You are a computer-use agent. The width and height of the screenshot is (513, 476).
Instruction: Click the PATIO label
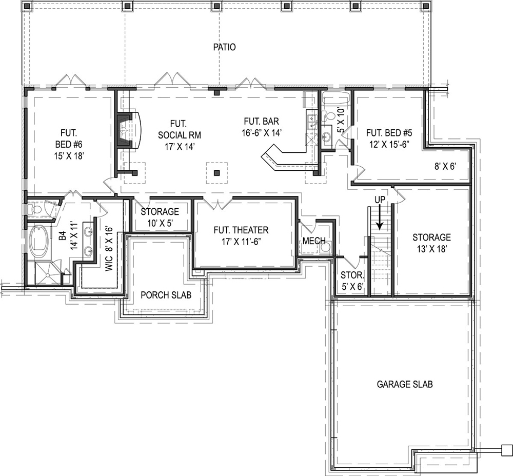click(224, 47)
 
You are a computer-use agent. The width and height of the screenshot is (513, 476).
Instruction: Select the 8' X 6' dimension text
click(444, 165)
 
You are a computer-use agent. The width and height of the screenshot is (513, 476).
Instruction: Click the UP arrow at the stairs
click(379, 216)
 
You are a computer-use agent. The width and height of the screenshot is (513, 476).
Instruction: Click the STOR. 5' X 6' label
click(352, 281)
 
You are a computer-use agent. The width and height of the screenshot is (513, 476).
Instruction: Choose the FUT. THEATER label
click(241, 235)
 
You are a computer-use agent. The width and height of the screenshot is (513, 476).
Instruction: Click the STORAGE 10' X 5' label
click(160, 216)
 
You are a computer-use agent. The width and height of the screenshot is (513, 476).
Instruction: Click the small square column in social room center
click(217, 173)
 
